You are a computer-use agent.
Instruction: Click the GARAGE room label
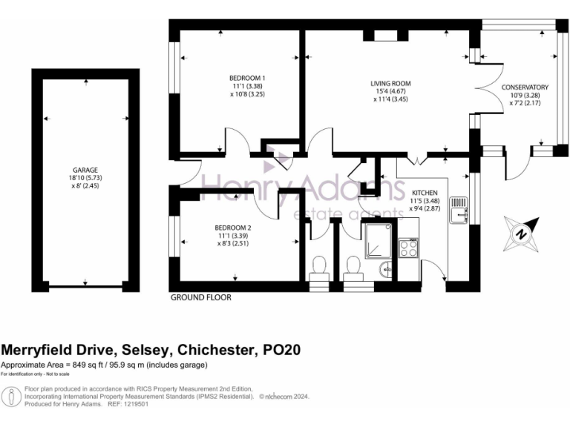tap(85, 170)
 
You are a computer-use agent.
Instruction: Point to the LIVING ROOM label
tap(391, 83)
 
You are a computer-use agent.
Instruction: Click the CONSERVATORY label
tap(524, 87)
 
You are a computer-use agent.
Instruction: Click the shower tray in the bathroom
tap(379, 239)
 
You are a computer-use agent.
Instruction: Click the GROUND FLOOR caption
tap(200, 297)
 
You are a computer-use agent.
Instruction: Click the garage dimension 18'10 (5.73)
tap(85, 178)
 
